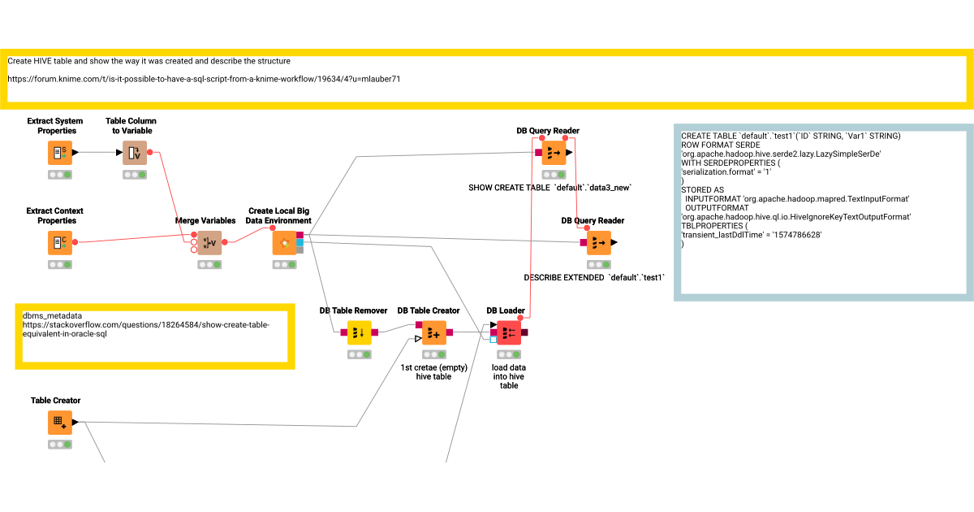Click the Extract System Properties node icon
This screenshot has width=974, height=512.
(x=60, y=153)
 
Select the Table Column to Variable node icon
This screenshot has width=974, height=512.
(x=135, y=153)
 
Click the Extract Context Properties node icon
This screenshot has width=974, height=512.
(x=60, y=242)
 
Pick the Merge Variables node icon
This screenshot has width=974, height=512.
(x=210, y=242)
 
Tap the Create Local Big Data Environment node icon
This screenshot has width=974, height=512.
(x=285, y=242)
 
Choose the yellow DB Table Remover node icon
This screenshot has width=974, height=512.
(x=360, y=332)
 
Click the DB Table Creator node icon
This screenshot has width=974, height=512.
(x=434, y=332)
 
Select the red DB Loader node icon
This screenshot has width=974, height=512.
(x=510, y=332)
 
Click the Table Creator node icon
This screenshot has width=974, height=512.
(x=60, y=423)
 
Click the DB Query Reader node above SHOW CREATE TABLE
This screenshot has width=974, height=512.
(x=554, y=152)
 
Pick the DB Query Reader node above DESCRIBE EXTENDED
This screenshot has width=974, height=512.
(x=599, y=242)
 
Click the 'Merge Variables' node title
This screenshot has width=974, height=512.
(x=205, y=220)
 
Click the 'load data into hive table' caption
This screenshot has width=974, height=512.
(x=509, y=376)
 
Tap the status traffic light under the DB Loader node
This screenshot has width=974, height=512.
(x=510, y=354)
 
